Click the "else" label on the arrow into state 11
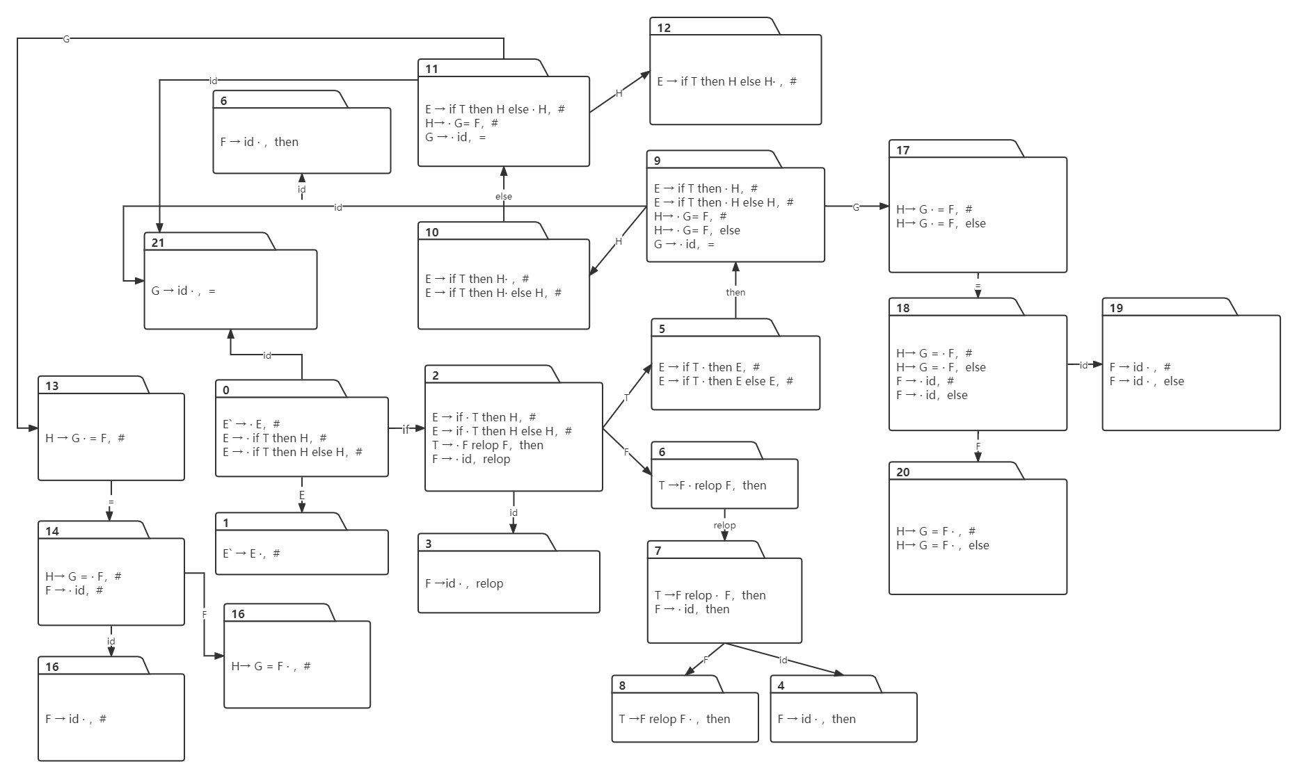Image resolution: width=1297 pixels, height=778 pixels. [x=504, y=196]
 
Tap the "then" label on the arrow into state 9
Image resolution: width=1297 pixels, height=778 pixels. [x=735, y=292]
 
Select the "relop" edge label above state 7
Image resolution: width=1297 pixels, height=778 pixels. [x=724, y=525]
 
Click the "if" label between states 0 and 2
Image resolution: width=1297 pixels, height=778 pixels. [x=406, y=429]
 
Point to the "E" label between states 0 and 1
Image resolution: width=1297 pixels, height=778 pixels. [x=302, y=495]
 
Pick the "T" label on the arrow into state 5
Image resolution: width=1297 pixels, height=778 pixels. [x=626, y=397]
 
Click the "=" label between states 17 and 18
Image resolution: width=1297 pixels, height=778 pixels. [x=978, y=284]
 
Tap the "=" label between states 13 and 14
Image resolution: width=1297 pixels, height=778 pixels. [x=111, y=501]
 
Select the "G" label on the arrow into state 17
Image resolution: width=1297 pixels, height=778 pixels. [x=856, y=206]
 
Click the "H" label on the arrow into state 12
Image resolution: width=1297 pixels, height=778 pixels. [x=619, y=92]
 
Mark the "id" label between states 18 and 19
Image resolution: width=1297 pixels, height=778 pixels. [x=1083, y=364]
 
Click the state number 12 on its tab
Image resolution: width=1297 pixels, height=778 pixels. [x=664, y=28]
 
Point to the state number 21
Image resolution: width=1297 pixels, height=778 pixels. [x=158, y=243]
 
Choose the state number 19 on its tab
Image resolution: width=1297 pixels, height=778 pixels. [x=1116, y=308]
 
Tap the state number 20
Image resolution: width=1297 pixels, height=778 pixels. [x=903, y=472]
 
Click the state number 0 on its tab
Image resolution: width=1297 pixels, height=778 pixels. [x=226, y=390]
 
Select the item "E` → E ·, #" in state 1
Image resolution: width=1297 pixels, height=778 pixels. [x=251, y=553]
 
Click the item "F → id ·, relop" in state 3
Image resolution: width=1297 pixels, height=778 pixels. [x=464, y=583]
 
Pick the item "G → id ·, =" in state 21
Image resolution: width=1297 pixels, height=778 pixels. [x=184, y=291]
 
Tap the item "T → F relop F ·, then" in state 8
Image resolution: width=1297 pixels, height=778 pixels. [x=674, y=719]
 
